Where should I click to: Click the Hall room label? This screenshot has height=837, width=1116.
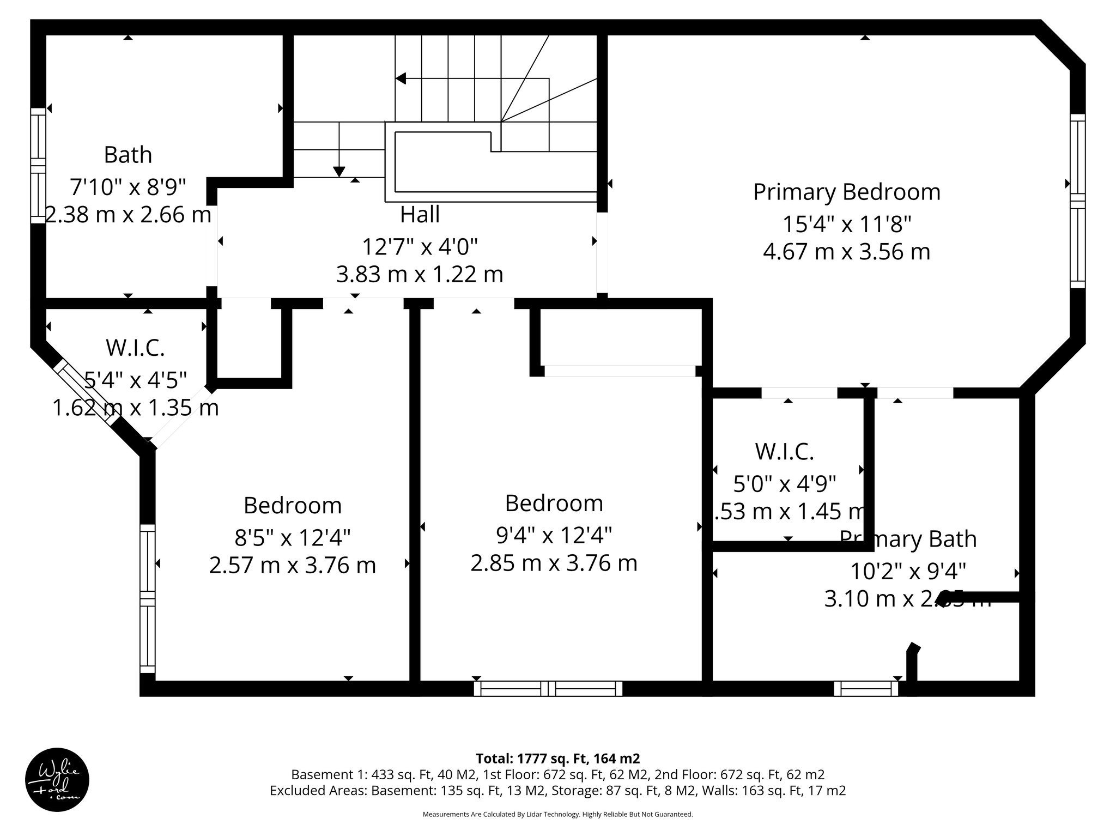(x=420, y=215)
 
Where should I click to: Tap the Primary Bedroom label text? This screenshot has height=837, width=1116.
(x=846, y=192)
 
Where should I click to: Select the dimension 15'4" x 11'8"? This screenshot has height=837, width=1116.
(x=846, y=224)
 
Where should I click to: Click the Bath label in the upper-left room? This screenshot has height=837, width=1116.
(x=128, y=155)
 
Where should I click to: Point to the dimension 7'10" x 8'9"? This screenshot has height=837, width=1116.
(x=128, y=187)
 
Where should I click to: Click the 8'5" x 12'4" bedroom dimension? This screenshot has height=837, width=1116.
(x=293, y=538)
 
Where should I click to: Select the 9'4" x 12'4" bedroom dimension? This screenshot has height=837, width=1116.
(x=554, y=535)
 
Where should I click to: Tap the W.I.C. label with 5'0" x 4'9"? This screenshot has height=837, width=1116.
(x=784, y=451)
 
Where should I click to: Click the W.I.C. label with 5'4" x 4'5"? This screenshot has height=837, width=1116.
(x=135, y=348)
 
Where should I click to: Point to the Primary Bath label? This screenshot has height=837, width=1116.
(x=908, y=539)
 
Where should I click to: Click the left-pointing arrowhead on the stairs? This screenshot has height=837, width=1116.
(x=401, y=78)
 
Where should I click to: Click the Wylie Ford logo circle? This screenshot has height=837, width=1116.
(x=57, y=780)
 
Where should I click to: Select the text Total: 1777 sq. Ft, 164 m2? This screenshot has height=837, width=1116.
(x=557, y=759)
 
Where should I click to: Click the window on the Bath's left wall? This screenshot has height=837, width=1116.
(x=38, y=165)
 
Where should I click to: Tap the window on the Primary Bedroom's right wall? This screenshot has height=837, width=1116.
(x=1077, y=201)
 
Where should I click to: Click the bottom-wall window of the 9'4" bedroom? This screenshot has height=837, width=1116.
(x=548, y=689)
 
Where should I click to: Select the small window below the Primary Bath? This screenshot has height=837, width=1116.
(x=866, y=689)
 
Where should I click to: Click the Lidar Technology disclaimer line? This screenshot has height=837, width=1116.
(x=557, y=814)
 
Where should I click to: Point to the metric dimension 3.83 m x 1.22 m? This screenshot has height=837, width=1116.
(x=420, y=274)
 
